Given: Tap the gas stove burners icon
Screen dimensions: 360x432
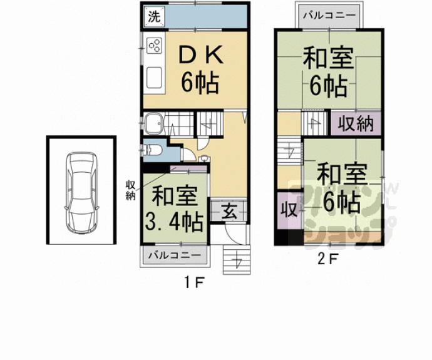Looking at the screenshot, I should [154, 46].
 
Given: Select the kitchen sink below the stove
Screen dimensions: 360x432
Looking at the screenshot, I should [154, 78].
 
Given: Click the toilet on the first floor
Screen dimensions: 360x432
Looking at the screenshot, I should [152, 150].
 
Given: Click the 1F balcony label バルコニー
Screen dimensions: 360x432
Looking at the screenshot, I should [175, 255].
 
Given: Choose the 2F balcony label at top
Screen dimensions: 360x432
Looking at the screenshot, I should [329, 15].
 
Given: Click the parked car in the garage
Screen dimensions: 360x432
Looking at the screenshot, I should [81, 192].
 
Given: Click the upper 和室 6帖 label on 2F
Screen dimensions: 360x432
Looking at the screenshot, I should [326, 74].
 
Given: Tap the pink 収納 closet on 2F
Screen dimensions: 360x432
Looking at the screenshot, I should [355, 123].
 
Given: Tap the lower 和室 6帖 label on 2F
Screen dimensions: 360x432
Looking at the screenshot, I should [339, 188].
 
